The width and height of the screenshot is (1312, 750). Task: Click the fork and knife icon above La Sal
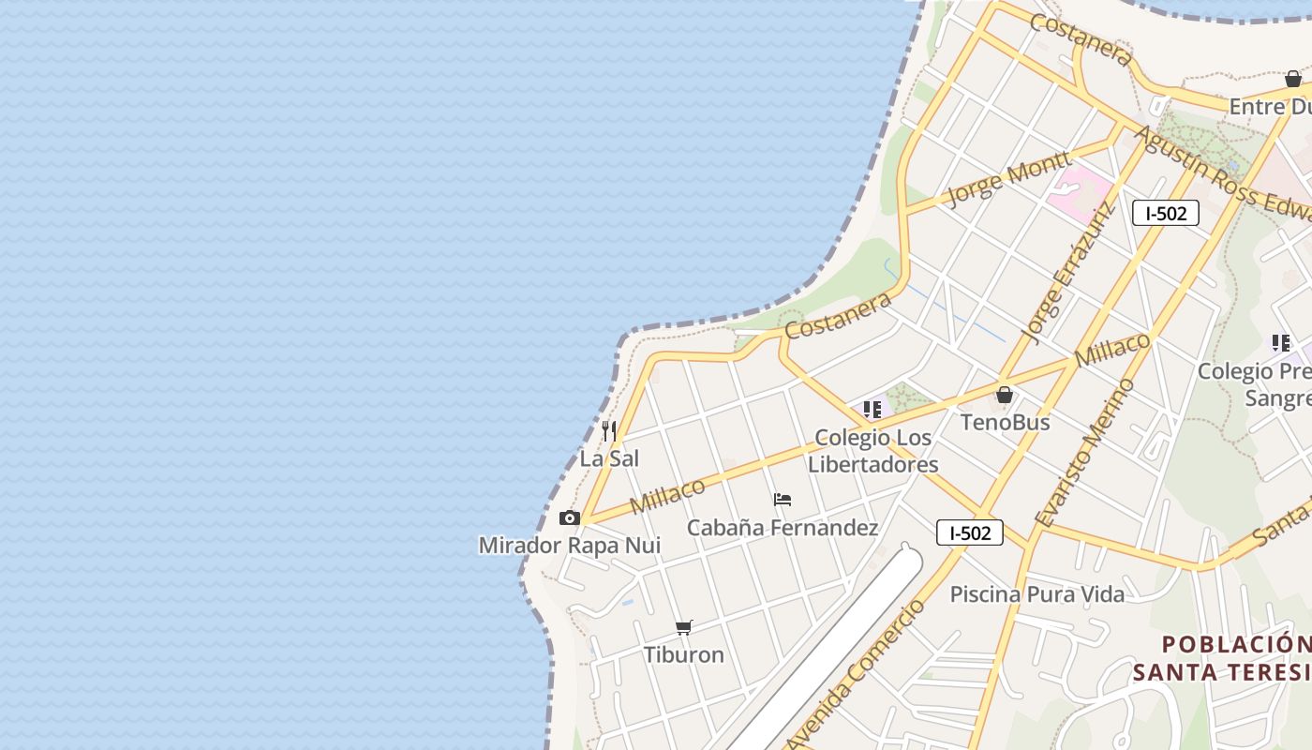(x=609, y=431)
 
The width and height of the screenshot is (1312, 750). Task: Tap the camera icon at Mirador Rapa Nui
(x=569, y=518)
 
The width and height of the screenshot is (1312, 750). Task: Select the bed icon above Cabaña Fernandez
(x=783, y=500)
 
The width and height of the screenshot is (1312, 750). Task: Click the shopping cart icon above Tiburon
(x=684, y=627)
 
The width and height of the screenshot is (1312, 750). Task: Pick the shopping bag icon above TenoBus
(x=1005, y=395)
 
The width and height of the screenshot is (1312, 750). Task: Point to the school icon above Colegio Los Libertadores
(x=872, y=410)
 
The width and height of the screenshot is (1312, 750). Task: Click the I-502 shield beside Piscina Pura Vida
(x=970, y=533)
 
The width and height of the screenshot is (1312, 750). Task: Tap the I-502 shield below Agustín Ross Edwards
(x=1166, y=213)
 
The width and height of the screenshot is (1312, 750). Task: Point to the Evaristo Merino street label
(x=1085, y=452)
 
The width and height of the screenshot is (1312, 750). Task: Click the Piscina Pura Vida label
(x=1036, y=593)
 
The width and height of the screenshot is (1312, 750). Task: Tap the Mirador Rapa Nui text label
(x=570, y=545)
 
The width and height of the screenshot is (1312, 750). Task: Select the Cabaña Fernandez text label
(x=783, y=528)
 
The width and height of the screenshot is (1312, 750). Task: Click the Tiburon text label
(x=684, y=654)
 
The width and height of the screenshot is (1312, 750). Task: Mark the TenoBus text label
(x=1005, y=422)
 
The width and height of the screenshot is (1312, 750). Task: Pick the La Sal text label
(x=609, y=458)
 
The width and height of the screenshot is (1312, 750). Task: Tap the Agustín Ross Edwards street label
(x=1223, y=173)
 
